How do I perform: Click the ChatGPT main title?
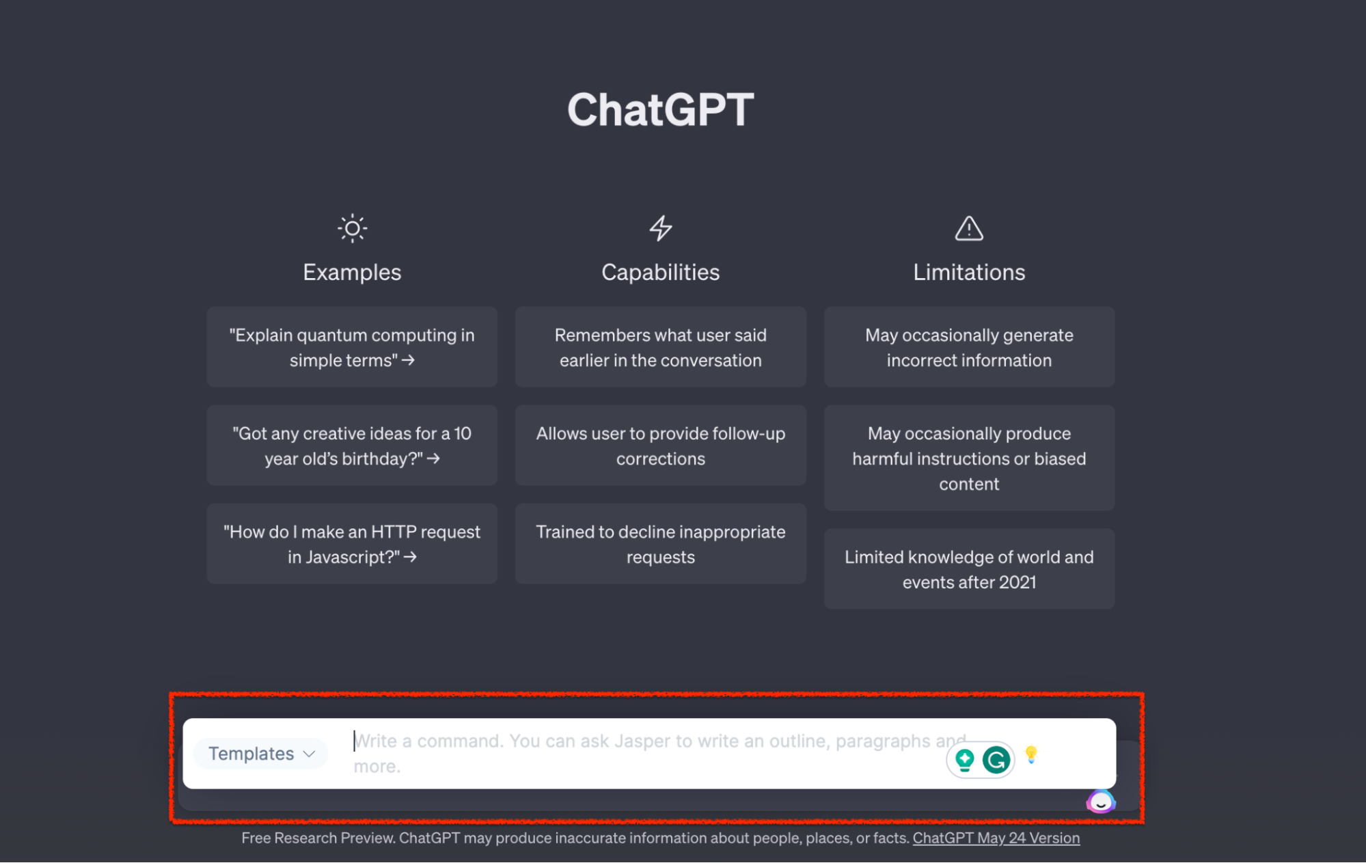pyautogui.click(x=660, y=109)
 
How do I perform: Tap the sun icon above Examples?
pyautogui.click(x=352, y=228)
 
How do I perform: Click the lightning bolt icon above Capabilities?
pyautogui.click(x=661, y=228)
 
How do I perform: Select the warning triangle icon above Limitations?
pyautogui.click(x=969, y=228)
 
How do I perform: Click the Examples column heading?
pyautogui.click(x=352, y=272)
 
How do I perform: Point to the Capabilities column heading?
pyautogui.click(x=661, y=272)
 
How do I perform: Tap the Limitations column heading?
pyautogui.click(x=969, y=272)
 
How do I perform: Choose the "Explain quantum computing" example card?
pyautogui.click(x=352, y=347)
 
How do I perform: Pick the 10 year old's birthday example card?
pyautogui.click(x=352, y=446)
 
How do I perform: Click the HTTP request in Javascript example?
pyautogui.click(x=352, y=544)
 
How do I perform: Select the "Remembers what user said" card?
pyautogui.click(x=661, y=347)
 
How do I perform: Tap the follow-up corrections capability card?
pyautogui.click(x=661, y=446)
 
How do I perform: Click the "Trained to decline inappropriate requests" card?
pyautogui.click(x=661, y=544)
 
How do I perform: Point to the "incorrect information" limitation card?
pyautogui.click(x=969, y=347)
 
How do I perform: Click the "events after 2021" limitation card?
pyautogui.click(x=969, y=569)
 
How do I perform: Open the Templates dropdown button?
pyautogui.click(x=260, y=754)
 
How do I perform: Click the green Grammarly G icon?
pyautogui.click(x=996, y=760)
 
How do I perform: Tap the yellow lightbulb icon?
pyautogui.click(x=1031, y=754)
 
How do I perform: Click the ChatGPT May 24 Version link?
pyautogui.click(x=996, y=838)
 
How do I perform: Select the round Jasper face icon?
pyautogui.click(x=1101, y=802)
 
